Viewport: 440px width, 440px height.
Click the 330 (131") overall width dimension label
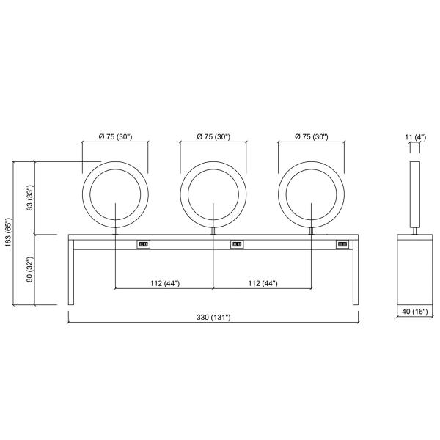(213, 317)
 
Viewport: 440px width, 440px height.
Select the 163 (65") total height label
(8, 232)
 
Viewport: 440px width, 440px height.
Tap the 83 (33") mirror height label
(30, 198)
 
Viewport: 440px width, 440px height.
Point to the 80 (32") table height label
(30, 269)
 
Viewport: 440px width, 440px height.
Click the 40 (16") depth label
(415, 312)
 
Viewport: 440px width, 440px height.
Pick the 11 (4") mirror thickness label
(415, 137)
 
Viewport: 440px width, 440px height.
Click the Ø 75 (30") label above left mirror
(115, 136)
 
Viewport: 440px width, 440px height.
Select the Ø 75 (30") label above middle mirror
(213, 136)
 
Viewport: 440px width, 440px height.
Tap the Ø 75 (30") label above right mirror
(311, 136)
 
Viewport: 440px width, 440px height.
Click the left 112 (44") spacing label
(165, 283)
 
